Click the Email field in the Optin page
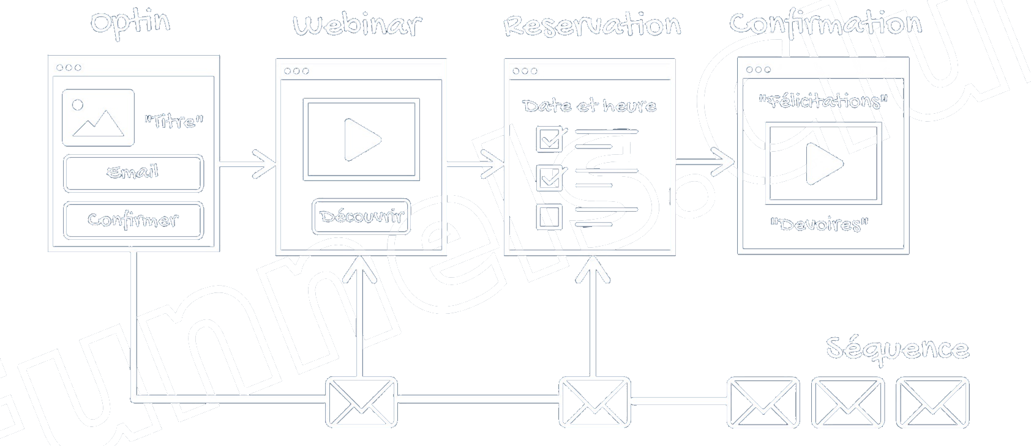[x=133, y=173]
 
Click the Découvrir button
[x=361, y=216]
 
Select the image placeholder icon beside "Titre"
[x=98, y=117]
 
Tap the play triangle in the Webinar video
[x=362, y=139]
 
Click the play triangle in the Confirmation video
[x=823, y=163]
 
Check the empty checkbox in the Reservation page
[x=549, y=217]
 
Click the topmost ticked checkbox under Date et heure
[x=550, y=139]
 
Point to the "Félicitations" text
[x=823, y=101]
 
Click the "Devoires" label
[x=819, y=225]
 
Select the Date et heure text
[x=589, y=106]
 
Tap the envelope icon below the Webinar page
[x=361, y=402]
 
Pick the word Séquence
[x=897, y=349]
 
